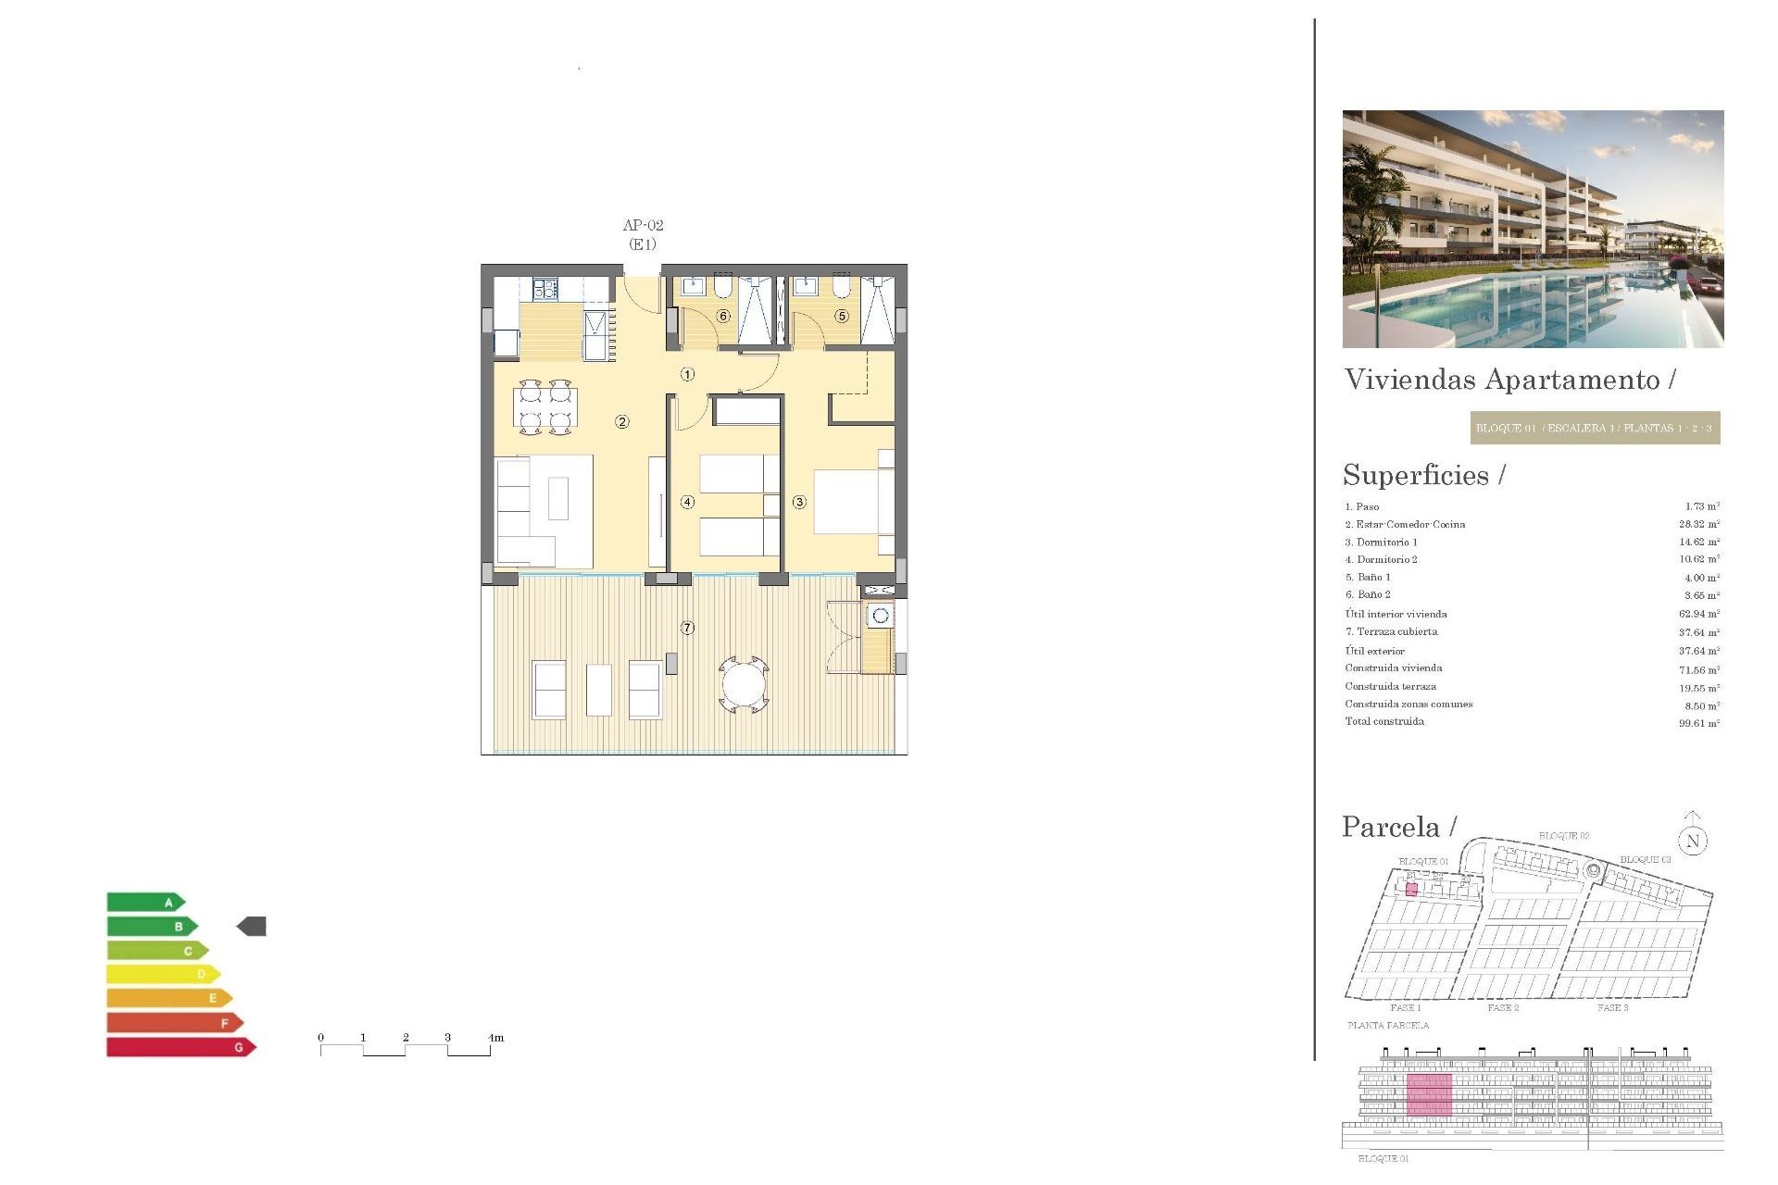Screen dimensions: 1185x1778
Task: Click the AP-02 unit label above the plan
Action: tap(643, 225)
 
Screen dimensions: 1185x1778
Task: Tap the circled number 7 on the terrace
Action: tap(687, 628)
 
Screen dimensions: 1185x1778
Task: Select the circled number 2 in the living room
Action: tap(622, 422)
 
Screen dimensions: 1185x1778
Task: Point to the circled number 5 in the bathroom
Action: tap(842, 316)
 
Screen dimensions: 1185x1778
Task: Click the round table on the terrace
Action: tap(744, 685)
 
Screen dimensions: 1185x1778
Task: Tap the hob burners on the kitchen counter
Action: tap(545, 289)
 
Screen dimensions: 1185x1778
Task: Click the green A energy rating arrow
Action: tap(146, 902)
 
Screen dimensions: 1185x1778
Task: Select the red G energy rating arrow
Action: tap(181, 1047)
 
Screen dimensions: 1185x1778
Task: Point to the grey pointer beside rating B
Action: tap(252, 926)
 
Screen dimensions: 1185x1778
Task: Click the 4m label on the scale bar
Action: tap(496, 1038)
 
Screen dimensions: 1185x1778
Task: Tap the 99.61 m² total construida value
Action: tap(1698, 723)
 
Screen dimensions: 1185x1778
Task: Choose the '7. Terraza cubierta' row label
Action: tap(1391, 631)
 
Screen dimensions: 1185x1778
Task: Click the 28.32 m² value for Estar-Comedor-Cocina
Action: tap(1698, 524)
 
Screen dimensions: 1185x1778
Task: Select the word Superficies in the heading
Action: tap(1415, 475)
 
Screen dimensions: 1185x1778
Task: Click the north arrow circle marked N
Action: tap(1693, 841)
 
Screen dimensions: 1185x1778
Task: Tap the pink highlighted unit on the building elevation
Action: tap(1429, 1095)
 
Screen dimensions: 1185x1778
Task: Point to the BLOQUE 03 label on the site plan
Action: tap(1645, 860)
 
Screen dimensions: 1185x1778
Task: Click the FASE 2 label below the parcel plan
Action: tap(1503, 1007)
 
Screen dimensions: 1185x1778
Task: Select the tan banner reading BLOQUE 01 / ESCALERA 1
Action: tap(1595, 428)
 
